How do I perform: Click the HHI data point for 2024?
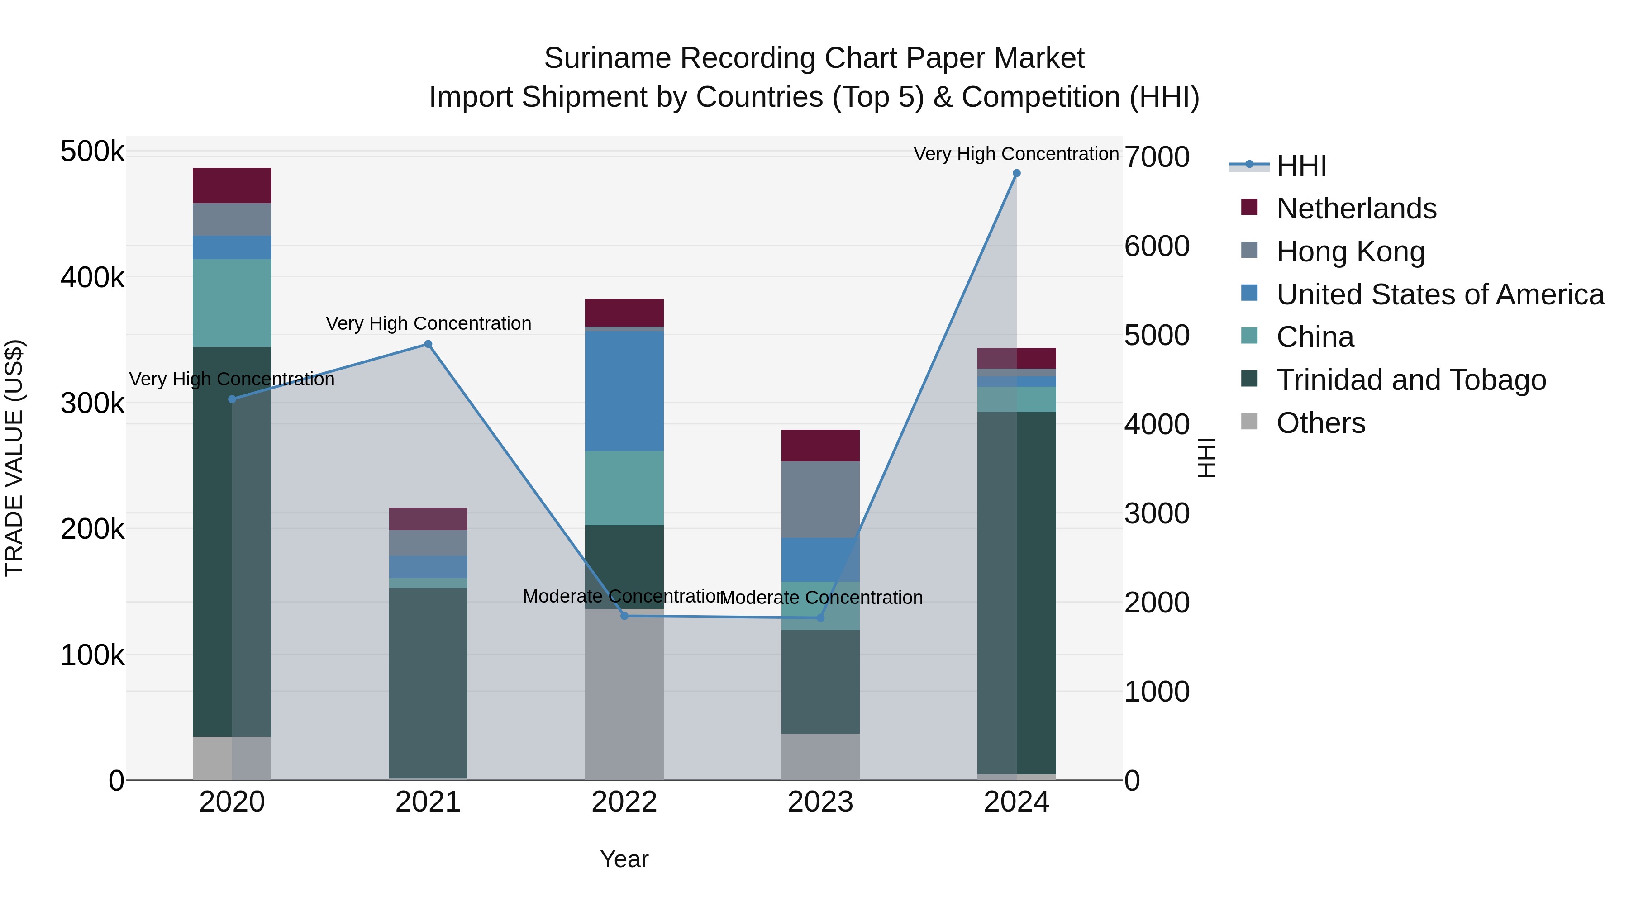pyautogui.click(x=1016, y=173)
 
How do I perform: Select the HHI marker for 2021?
pyautogui.click(x=428, y=345)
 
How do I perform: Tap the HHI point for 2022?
pyautogui.click(x=624, y=616)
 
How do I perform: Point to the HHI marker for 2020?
pyautogui.click(x=232, y=399)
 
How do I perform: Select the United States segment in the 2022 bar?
pyautogui.click(x=624, y=391)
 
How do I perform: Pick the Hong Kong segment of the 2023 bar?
pyautogui.click(x=820, y=499)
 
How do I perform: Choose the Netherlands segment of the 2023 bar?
pyautogui.click(x=820, y=446)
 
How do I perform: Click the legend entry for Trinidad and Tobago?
pyautogui.click(x=1411, y=380)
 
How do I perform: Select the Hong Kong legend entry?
pyautogui.click(x=1350, y=252)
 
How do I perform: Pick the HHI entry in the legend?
pyautogui.click(x=1301, y=166)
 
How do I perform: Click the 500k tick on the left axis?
pyautogui.click(x=92, y=152)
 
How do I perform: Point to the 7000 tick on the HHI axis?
pyautogui.click(x=1157, y=157)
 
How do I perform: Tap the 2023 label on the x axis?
pyautogui.click(x=820, y=802)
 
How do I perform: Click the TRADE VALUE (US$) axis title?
pyautogui.click(x=14, y=458)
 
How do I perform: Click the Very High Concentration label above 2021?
pyautogui.click(x=428, y=324)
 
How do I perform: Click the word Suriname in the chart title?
pyautogui.click(x=606, y=59)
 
